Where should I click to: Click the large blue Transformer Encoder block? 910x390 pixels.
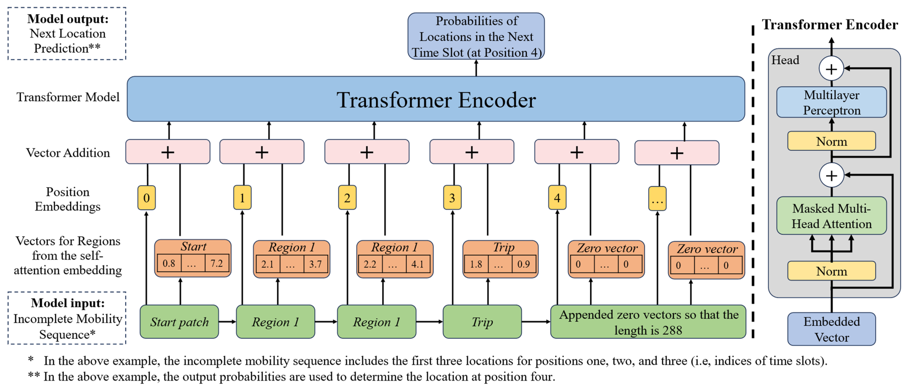pyautogui.click(x=436, y=99)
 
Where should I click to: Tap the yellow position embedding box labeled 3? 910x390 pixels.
pyautogui.click(x=452, y=198)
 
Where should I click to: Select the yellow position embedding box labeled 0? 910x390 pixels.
pyautogui.click(x=146, y=198)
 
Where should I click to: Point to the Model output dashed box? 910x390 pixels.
pyautogui.click(x=67, y=33)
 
